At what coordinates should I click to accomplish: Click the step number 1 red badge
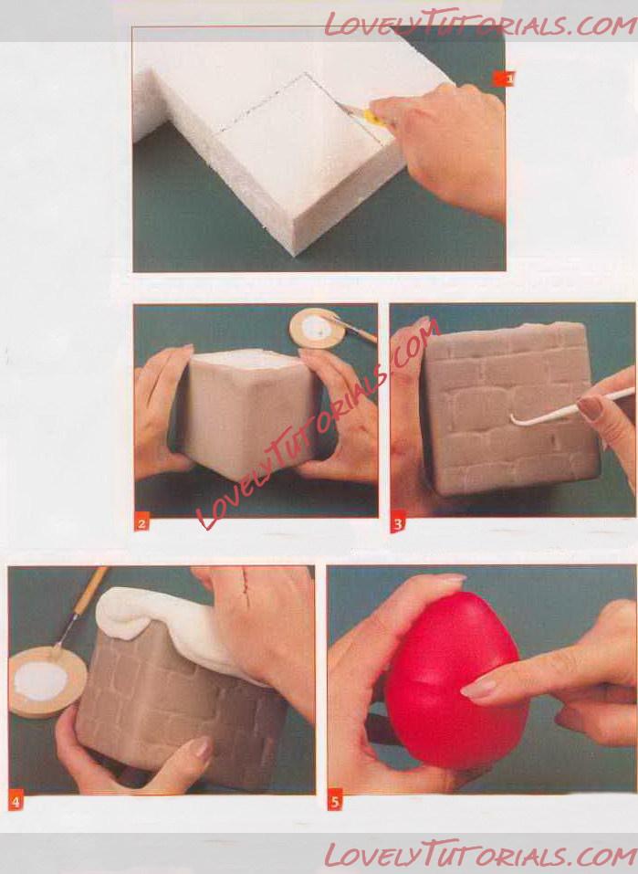click(x=503, y=79)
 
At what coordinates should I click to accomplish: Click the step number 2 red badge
click(x=141, y=523)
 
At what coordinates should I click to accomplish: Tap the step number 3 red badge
click(x=398, y=524)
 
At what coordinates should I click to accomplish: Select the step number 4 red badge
click(x=16, y=802)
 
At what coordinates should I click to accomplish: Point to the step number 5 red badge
click(x=335, y=802)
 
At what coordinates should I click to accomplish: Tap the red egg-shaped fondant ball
click(x=455, y=680)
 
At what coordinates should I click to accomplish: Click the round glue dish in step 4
click(x=47, y=681)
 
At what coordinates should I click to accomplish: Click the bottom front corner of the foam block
click(x=294, y=256)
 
